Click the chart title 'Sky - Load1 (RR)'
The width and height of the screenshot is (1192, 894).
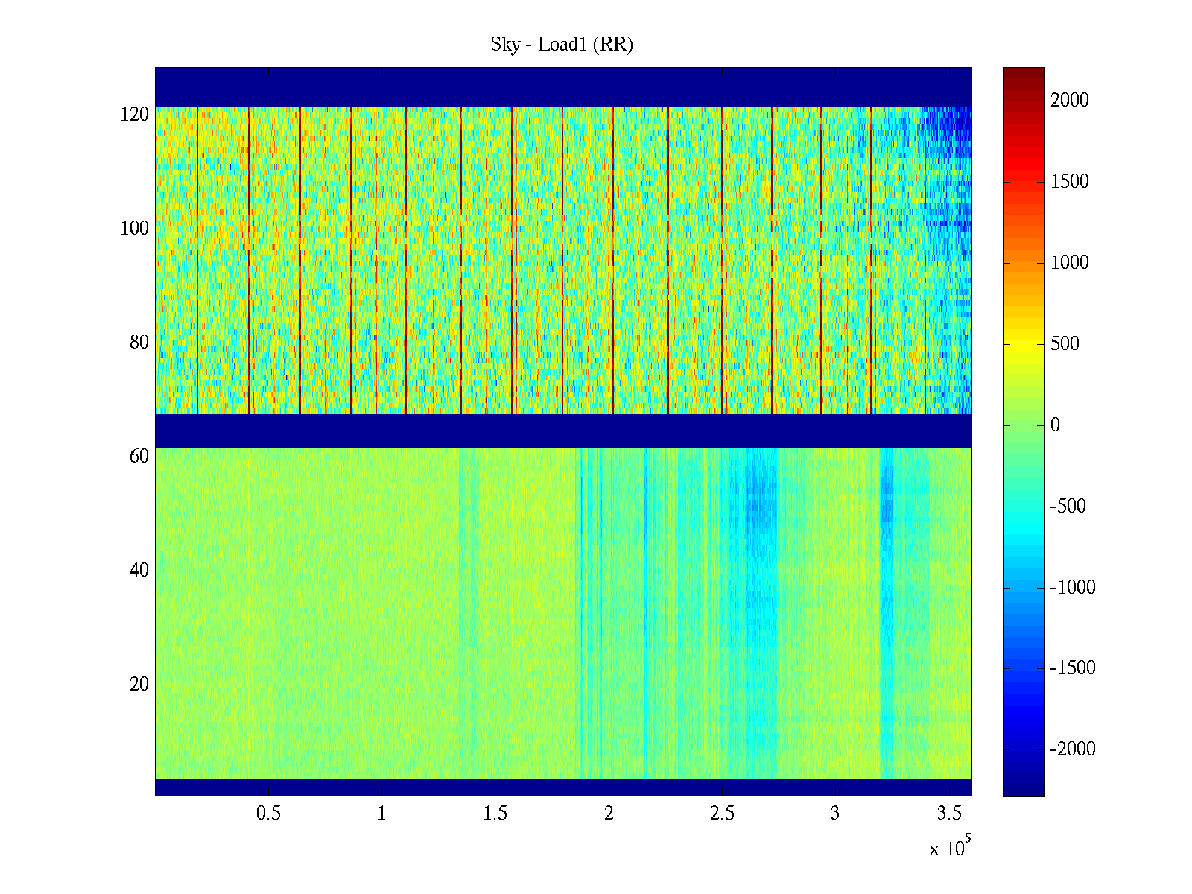click(562, 45)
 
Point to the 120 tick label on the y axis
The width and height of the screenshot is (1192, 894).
click(135, 115)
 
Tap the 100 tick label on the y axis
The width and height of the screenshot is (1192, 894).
click(135, 229)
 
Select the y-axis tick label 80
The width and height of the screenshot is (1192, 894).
click(139, 343)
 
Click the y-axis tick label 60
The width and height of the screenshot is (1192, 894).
click(139, 457)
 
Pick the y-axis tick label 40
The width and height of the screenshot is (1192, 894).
click(139, 571)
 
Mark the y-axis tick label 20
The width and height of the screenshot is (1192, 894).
click(139, 685)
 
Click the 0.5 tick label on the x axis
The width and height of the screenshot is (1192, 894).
click(268, 814)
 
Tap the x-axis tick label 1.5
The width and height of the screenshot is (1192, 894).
click(495, 814)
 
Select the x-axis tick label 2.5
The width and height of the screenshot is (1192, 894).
click(722, 814)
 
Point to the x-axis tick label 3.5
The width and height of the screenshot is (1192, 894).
click(949, 814)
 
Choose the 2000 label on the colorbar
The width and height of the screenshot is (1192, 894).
click(1069, 101)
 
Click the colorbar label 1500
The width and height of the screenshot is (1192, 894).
click(1069, 182)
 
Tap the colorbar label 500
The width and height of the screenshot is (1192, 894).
click(1065, 344)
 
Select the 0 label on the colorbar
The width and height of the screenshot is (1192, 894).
click(1055, 425)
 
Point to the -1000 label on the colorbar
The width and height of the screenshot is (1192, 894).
click(1073, 588)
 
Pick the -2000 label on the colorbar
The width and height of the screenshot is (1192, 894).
click(1073, 749)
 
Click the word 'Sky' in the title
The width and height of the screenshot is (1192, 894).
click(504, 45)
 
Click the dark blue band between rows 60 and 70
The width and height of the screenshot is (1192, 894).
click(563, 431)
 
